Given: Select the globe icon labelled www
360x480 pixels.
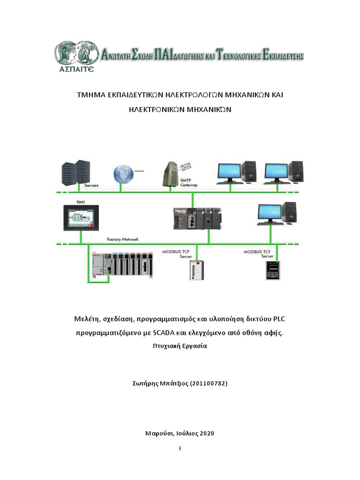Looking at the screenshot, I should pyautogui.click(x=123, y=174).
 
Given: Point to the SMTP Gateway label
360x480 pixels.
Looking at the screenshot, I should pyautogui.click(x=189, y=183).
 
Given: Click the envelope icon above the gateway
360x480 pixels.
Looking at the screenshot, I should pyautogui.click(x=187, y=166).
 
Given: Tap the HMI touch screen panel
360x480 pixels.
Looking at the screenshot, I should pyautogui.click(x=82, y=217).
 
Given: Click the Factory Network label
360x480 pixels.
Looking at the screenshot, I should pyautogui.click(x=122, y=239).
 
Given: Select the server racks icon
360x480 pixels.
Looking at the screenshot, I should pyautogui.click(x=75, y=172).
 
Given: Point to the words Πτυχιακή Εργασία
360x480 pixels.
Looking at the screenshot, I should pyautogui.click(x=180, y=347).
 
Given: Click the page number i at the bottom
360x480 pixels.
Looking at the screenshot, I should pyautogui.click(x=180, y=448).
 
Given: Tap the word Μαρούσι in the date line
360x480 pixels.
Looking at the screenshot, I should pyautogui.click(x=159, y=433).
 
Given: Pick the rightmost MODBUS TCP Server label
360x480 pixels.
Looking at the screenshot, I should pyautogui.click(x=258, y=254).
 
